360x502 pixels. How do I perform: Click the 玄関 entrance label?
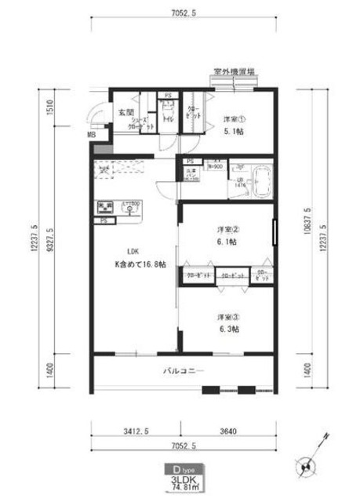(x=125, y=112)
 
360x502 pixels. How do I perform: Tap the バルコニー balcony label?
(x=184, y=369)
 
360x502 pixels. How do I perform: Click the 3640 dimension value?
(x=228, y=430)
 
